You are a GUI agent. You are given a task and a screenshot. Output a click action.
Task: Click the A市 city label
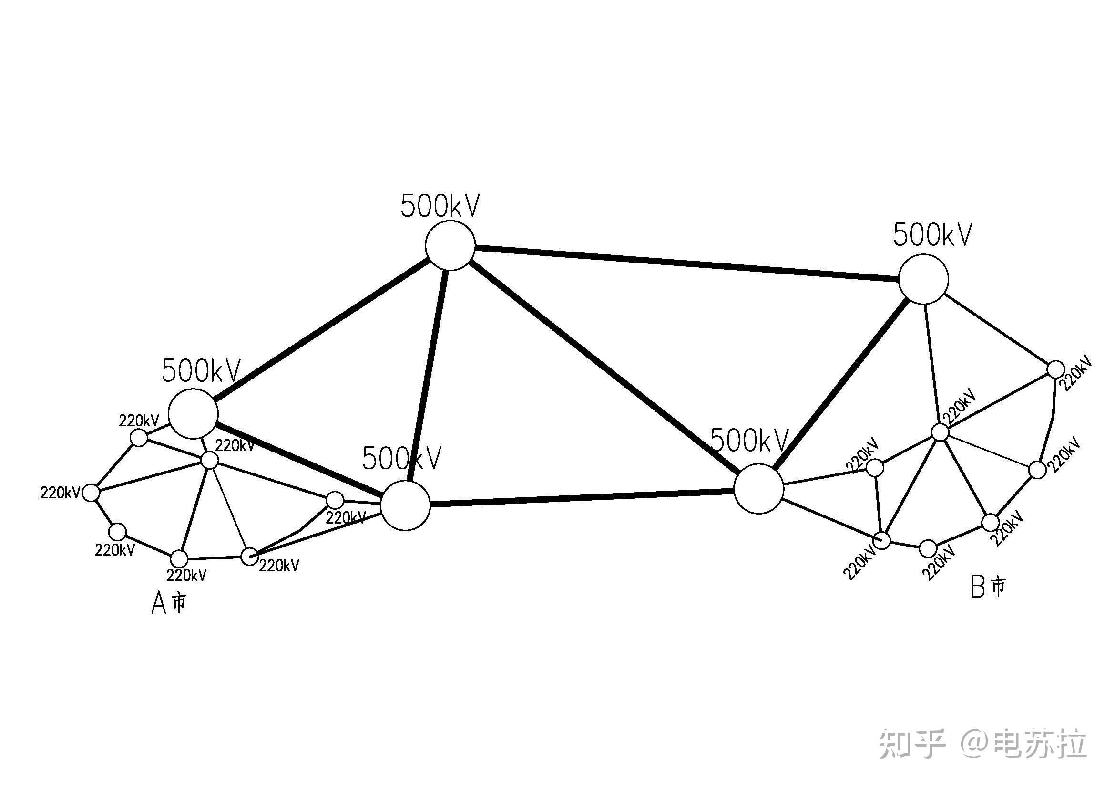[x=168, y=603]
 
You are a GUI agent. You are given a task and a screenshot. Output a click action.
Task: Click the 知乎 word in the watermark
[x=912, y=744]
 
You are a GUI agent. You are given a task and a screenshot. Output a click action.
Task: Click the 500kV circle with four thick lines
[x=450, y=245]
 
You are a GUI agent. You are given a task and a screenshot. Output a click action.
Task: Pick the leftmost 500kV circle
[x=193, y=413]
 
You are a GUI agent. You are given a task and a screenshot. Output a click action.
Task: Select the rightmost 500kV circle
[x=923, y=280]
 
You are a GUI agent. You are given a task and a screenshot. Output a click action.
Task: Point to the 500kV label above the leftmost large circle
[x=201, y=371]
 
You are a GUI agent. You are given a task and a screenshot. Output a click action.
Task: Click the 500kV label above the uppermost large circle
[x=440, y=206]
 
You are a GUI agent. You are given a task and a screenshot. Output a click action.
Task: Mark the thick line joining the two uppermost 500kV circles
[x=686, y=263]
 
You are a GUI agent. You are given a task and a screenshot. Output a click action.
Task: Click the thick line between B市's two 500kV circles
[x=841, y=384]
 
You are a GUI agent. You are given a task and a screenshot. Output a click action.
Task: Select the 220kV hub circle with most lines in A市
[x=210, y=459]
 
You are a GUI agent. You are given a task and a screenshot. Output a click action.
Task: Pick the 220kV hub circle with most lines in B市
[x=940, y=432]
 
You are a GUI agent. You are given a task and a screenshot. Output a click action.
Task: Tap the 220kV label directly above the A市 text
[x=186, y=575]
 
